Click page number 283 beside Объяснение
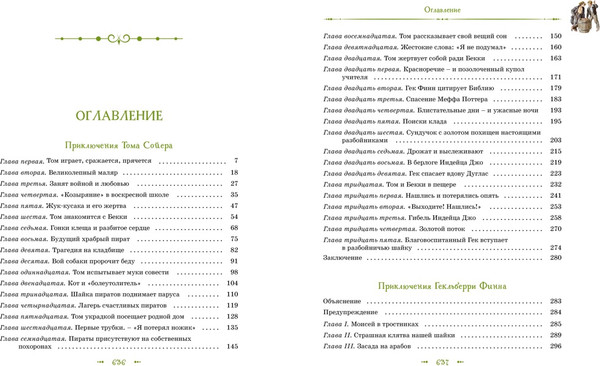[557, 301]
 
